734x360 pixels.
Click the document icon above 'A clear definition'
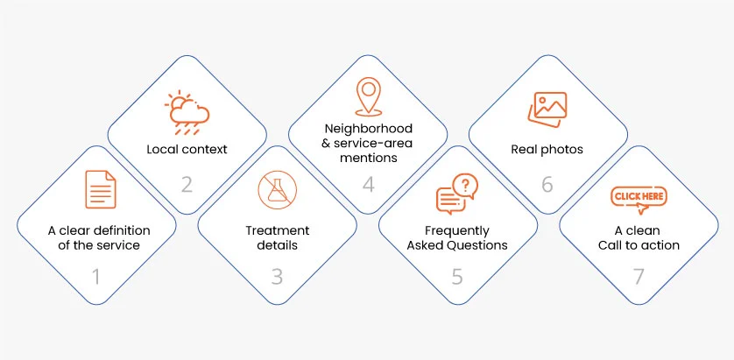99,190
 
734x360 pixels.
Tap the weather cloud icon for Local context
187,112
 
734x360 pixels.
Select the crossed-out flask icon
278,190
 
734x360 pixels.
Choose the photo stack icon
548,109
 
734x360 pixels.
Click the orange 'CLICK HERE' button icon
638,198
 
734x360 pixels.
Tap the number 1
97,278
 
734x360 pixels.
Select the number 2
187,185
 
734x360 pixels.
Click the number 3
277,278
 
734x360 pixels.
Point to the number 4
369,185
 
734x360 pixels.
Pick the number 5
456,278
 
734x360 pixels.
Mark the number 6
547,185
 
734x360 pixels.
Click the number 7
638,278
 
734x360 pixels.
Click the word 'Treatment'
277,230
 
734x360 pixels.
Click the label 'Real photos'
547,149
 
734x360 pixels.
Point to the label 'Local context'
187,149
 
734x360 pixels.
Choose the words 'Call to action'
638,245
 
